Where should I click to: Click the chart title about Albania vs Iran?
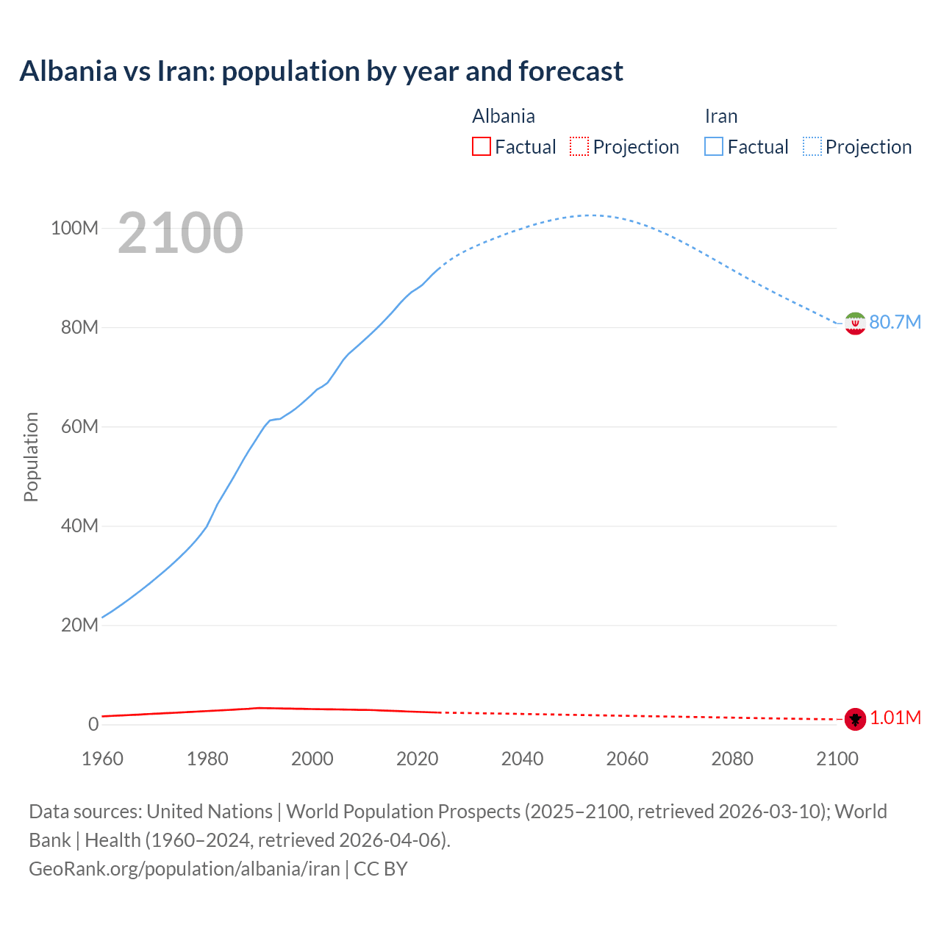(321, 71)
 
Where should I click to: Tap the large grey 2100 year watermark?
(180, 233)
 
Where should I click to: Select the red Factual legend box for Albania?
(481, 147)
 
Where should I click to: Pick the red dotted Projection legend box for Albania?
(579, 147)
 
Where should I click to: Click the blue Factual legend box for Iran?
(713, 147)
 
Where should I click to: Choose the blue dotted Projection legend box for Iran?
(812, 147)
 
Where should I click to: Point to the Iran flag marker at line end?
(855, 323)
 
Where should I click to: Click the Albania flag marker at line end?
(855, 719)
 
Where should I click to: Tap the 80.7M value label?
(895, 323)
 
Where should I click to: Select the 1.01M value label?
(895, 718)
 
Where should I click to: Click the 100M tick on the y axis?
(74, 228)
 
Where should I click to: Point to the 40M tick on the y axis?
(79, 526)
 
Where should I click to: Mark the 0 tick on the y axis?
(93, 724)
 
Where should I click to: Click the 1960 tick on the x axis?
(102, 759)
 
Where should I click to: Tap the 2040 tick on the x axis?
(522, 759)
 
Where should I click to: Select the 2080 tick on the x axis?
(732, 759)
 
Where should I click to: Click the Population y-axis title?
(31, 457)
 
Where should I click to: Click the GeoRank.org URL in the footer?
(184, 869)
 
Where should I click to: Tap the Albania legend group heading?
(504, 116)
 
